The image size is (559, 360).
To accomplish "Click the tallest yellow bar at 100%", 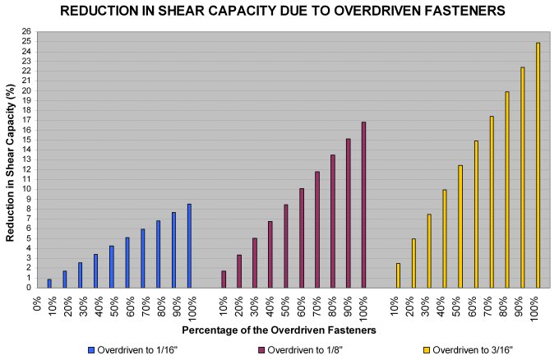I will [x=538, y=164].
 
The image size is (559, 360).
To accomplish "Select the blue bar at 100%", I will [x=189, y=246].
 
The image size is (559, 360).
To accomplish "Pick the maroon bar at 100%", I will [x=363, y=205].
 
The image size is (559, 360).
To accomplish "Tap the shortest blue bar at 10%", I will [x=49, y=284].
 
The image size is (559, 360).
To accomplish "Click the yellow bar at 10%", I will [x=398, y=275].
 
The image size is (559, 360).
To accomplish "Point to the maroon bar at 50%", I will [x=285, y=246].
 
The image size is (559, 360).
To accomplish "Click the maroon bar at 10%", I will [x=223, y=279].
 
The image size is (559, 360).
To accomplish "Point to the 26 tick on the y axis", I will [x=26, y=31].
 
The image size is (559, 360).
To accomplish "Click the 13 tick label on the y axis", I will [x=26, y=159].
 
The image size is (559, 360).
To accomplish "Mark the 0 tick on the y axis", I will [x=28, y=288].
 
